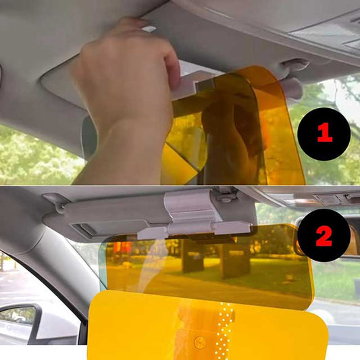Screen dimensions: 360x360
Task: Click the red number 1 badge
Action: pos(324,134)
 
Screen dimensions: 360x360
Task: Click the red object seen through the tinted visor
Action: pos(122,249)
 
